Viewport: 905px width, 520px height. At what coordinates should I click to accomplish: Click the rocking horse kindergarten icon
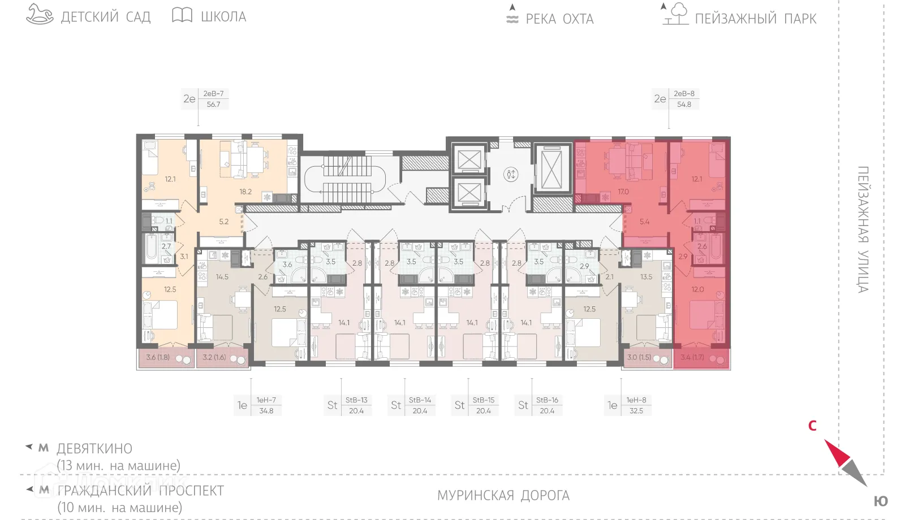[40, 15]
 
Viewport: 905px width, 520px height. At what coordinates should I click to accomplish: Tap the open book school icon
[182, 15]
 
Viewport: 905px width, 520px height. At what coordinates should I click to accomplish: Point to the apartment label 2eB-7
[213, 94]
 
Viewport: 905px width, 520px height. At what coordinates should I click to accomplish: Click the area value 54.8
[684, 105]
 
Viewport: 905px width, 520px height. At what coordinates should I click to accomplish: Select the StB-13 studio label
[356, 400]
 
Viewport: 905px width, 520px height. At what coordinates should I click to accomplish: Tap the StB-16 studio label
[547, 400]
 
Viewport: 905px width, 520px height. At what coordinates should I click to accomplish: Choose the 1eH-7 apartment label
[266, 400]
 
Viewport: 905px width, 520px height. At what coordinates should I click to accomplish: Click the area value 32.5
[636, 411]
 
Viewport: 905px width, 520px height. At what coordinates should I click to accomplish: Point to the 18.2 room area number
[245, 192]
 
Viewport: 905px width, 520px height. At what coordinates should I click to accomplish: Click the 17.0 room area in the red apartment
[623, 192]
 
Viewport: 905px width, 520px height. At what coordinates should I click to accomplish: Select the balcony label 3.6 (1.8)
[158, 357]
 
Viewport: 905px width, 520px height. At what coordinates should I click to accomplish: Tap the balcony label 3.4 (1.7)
[692, 357]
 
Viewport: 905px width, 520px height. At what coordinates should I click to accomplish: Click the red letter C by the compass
[812, 426]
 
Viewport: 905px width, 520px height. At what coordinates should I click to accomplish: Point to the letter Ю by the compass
[881, 501]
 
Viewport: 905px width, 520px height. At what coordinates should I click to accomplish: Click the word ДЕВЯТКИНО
[94, 449]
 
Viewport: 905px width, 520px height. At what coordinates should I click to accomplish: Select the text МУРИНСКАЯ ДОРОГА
[503, 496]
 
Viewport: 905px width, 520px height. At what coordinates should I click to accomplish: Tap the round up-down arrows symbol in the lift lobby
[511, 174]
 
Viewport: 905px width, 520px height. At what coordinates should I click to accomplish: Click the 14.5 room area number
[222, 277]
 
